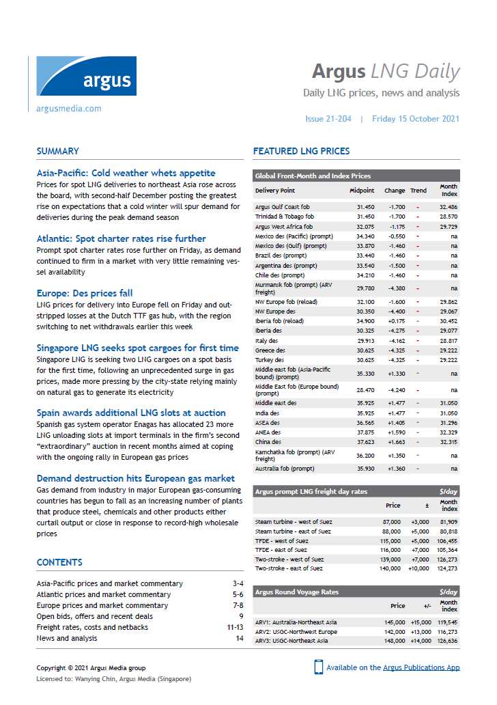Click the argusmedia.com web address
coord(69,108)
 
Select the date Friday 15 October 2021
coord(415,118)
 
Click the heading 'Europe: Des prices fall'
coord(85,293)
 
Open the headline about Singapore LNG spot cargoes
coord(137,348)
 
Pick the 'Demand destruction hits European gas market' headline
coord(135,478)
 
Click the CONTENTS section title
coord(59,562)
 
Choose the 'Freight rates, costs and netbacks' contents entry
coord(92,627)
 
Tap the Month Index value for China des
coord(449,441)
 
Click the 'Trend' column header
coord(418,191)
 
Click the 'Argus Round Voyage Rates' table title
coord(296,592)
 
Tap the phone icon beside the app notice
coord(318,667)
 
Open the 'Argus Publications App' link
coord(421,667)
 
